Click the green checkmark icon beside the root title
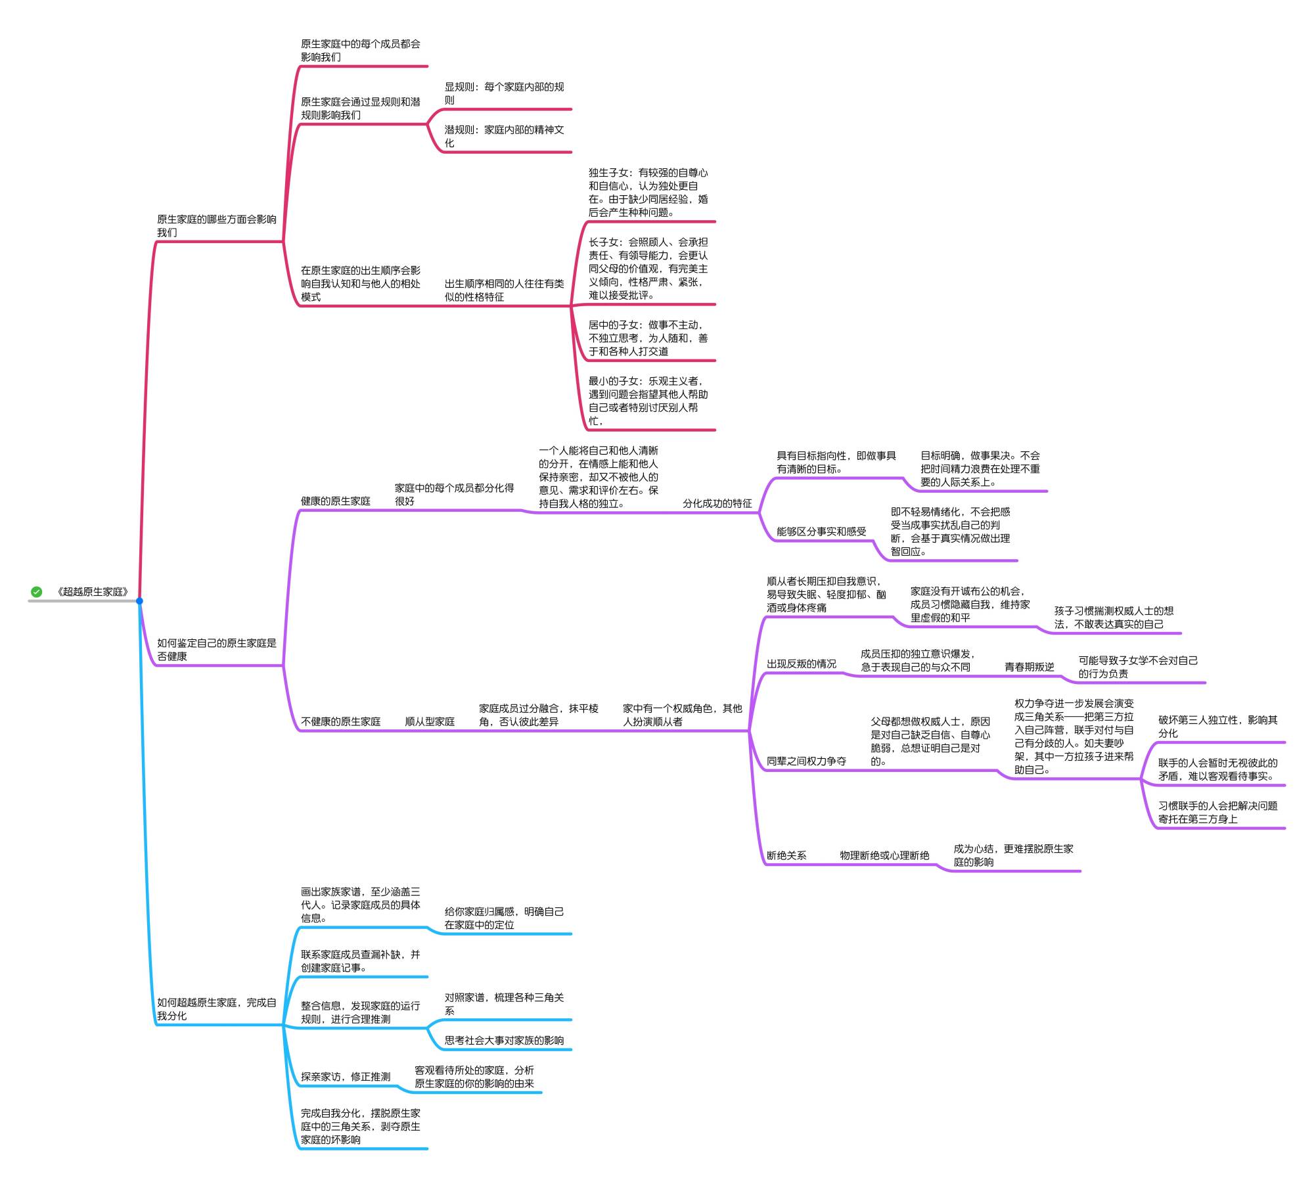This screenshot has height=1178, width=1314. coord(36,591)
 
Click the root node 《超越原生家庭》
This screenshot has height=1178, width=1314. coord(93,591)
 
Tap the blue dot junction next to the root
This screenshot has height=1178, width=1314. coord(139,600)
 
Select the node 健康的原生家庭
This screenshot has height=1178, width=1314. coord(335,501)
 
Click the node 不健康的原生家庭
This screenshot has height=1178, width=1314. coord(340,721)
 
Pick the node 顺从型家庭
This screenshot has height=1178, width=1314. coord(430,721)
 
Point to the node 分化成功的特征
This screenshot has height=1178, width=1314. coord(717,503)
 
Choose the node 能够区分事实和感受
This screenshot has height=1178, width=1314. coord(821,531)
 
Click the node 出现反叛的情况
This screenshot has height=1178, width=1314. coord(802,664)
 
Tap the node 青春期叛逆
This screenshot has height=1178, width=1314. coord(1029,667)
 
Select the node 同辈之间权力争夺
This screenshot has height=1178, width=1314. coord(806,761)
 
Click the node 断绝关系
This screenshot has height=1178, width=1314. coord(786,855)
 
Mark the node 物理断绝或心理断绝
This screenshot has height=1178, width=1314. coord(884,855)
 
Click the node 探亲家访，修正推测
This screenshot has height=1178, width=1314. coord(346,1076)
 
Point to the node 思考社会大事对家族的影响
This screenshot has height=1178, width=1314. coord(504,1040)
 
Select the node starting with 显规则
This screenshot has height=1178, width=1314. coord(504,93)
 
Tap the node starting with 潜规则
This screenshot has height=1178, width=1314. coord(504,136)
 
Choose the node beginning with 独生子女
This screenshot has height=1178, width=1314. coord(648,192)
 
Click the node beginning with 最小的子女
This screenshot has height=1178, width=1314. coord(648,400)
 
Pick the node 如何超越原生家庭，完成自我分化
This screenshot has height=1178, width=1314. coord(216,1008)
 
